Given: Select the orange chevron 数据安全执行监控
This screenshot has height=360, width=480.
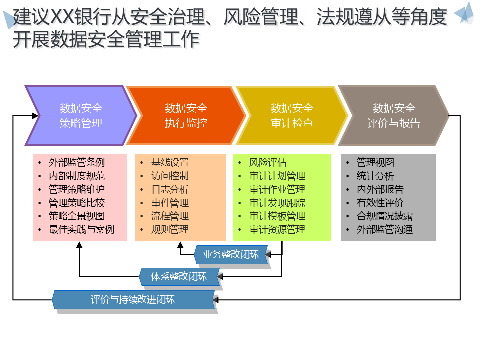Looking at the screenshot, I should (x=186, y=116).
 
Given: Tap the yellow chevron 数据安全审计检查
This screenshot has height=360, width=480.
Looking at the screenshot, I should (x=292, y=116).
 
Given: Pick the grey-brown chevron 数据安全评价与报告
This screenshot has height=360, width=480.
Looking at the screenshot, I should (x=394, y=116).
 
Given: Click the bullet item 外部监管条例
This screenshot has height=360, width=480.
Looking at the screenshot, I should (x=76, y=162).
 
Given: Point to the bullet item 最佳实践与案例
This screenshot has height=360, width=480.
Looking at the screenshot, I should (x=81, y=230).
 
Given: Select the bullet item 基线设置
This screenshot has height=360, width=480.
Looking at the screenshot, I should (x=170, y=162).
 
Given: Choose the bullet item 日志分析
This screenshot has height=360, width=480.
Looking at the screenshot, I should (x=170, y=189).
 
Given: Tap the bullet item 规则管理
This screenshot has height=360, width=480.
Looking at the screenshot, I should (x=170, y=230).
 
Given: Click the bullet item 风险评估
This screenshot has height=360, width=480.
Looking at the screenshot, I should (x=268, y=162).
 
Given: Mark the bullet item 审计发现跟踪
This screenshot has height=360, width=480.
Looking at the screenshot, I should (x=277, y=203).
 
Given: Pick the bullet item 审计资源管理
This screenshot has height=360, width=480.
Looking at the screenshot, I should (x=277, y=230).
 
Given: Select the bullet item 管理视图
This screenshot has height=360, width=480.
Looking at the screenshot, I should (x=375, y=162).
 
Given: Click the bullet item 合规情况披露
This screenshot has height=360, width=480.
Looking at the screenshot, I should (x=384, y=216).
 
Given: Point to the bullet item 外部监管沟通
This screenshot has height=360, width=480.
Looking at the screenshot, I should (x=384, y=230).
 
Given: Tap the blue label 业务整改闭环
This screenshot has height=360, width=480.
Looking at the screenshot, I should (x=230, y=254).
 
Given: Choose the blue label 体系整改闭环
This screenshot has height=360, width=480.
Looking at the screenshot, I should (x=178, y=276).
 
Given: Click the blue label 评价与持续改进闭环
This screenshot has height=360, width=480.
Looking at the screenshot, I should (x=133, y=300).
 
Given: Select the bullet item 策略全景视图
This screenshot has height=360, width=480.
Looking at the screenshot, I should (x=76, y=216).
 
